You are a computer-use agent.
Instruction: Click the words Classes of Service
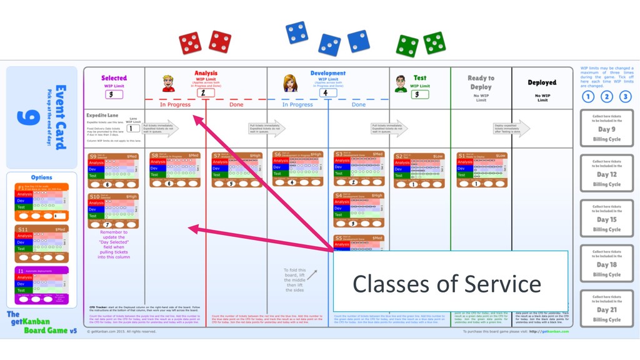click(x=446, y=284)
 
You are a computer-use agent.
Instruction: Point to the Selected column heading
click(x=114, y=78)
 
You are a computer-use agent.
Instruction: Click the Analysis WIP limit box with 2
click(x=202, y=92)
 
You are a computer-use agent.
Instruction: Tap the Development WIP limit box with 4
click(x=325, y=92)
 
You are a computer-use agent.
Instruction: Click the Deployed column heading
click(x=542, y=82)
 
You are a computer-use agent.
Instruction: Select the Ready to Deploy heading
click(x=481, y=82)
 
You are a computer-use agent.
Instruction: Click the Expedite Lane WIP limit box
click(x=133, y=128)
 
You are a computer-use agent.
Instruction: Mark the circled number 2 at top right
click(x=606, y=96)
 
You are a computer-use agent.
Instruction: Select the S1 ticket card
click(x=481, y=169)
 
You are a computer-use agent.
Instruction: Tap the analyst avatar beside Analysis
click(x=168, y=84)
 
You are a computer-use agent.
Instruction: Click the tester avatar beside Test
click(x=401, y=84)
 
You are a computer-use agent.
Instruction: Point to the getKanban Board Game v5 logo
click(x=41, y=322)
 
